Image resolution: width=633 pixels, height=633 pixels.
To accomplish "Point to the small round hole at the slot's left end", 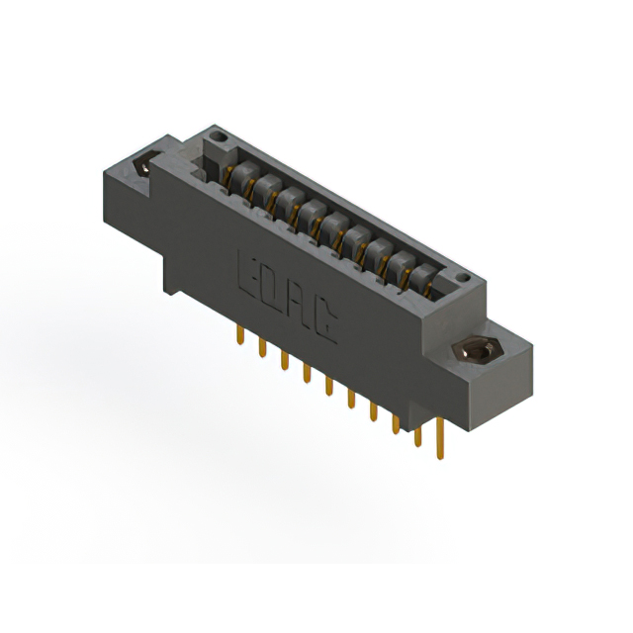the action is click(219, 136).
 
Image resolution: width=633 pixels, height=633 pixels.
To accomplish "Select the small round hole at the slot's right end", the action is click(464, 278).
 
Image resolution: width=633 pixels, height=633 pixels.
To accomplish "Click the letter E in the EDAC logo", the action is click(247, 274).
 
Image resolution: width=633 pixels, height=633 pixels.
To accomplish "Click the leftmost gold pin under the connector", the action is click(240, 335).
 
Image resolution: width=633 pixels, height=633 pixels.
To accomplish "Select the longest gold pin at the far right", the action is click(440, 438).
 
